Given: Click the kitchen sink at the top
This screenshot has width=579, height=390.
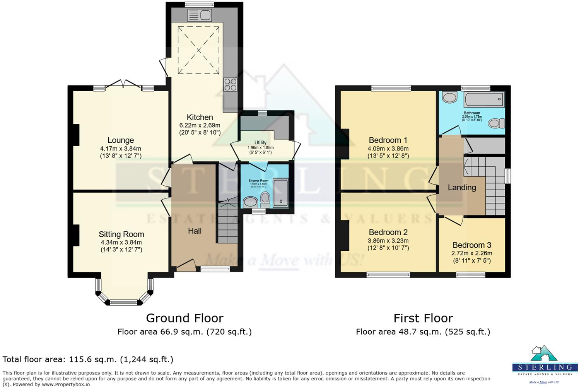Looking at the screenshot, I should click(x=200, y=15).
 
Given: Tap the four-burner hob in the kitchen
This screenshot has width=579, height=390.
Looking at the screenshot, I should click(x=231, y=84).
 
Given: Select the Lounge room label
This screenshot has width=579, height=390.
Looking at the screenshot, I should click(x=121, y=140).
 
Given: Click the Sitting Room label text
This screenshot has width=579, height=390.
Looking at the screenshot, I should click(x=121, y=234).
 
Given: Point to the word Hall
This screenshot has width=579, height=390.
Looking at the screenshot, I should click(x=195, y=231).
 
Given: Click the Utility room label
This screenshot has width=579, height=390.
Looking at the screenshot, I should click(x=260, y=142).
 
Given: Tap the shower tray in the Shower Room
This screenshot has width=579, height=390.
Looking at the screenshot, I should click(x=281, y=192).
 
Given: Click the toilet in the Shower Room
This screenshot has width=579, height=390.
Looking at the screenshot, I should click(x=265, y=199).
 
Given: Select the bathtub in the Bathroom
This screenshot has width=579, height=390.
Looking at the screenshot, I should click(x=484, y=99).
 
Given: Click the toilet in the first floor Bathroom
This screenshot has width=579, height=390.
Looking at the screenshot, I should click(x=497, y=123).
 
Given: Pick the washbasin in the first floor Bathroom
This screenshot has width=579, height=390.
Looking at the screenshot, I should click(x=449, y=97).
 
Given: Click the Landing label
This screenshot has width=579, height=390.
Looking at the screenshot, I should click(x=462, y=188).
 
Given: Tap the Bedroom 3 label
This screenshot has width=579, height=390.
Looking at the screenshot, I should click(x=471, y=245).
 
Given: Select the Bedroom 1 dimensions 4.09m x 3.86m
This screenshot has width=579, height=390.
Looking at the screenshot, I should click(x=388, y=149).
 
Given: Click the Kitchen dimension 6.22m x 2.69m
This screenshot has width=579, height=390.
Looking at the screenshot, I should click(x=200, y=125).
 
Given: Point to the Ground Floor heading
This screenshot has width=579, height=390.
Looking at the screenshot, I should click(x=184, y=318).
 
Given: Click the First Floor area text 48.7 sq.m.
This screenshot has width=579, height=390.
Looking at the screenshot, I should click(x=423, y=332).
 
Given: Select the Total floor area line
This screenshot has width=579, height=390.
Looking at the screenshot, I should click(x=88, y=359).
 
